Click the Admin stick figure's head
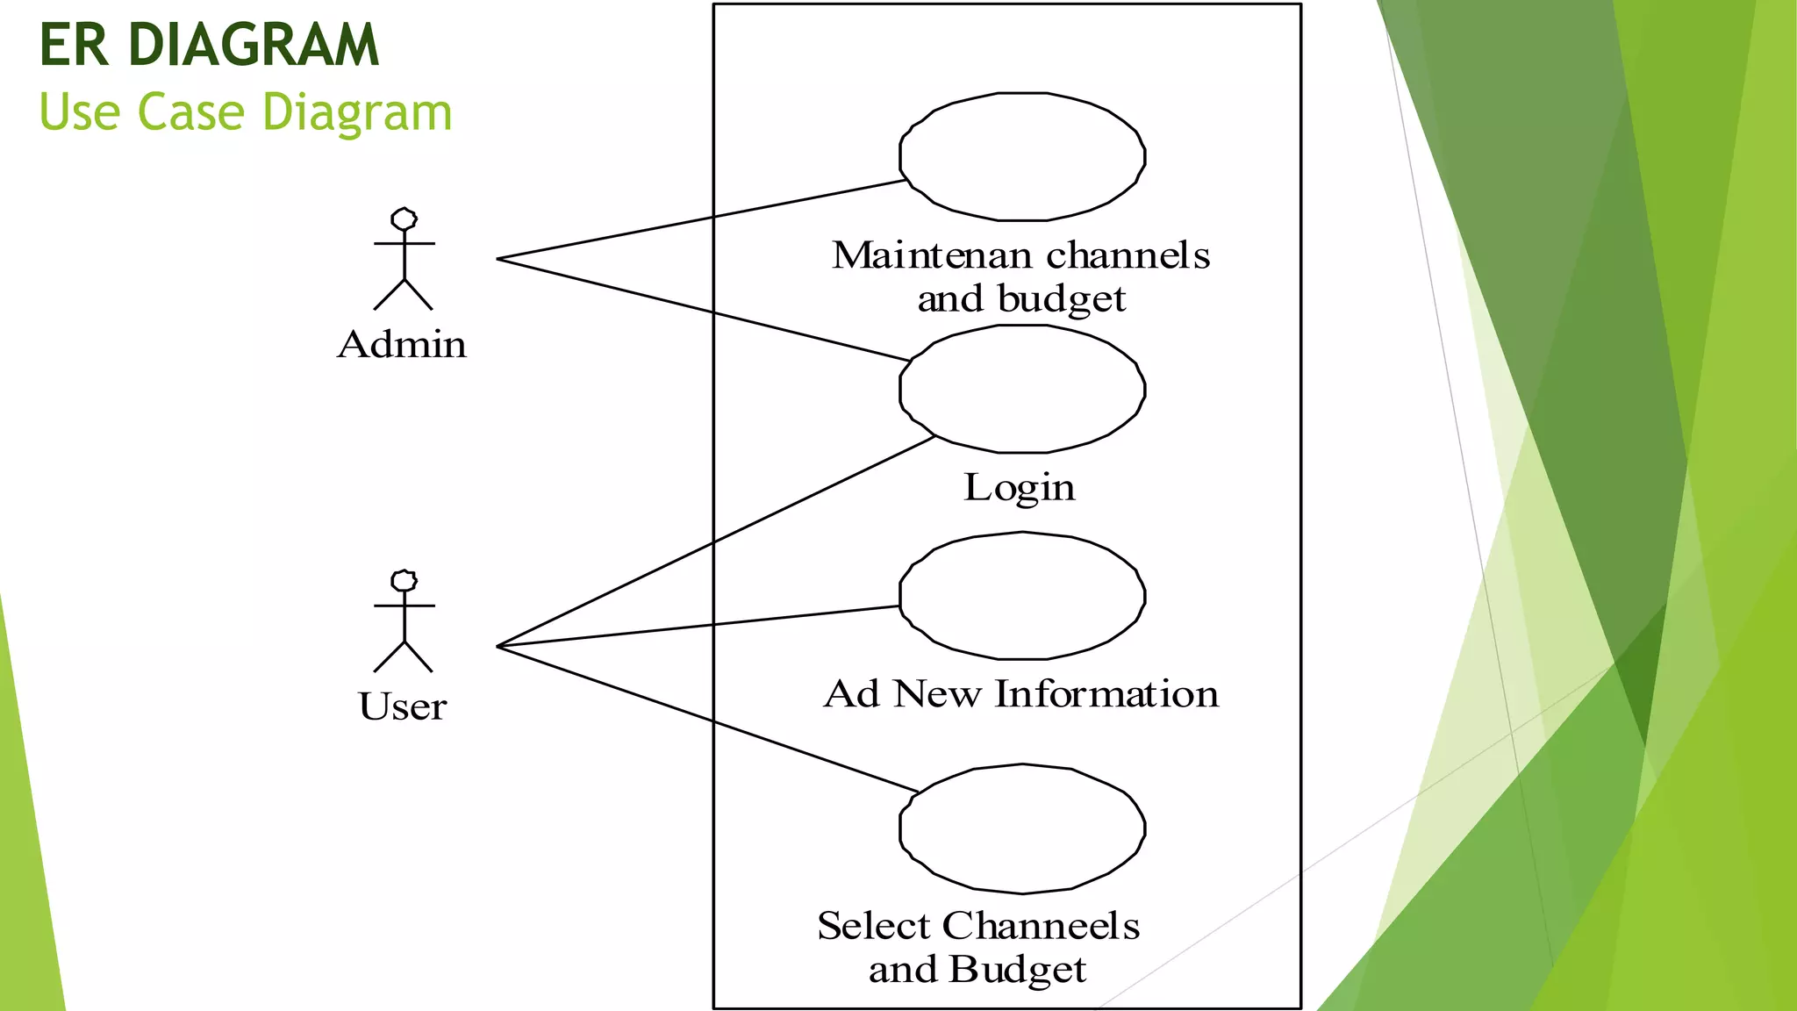404,219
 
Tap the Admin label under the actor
402,344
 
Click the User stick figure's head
404,581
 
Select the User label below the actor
403,706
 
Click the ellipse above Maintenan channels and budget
1022,156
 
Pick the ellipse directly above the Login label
1022,389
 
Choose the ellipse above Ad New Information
1022,595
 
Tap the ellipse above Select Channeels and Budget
1022,828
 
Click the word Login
1019,487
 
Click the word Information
1106,693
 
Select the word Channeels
1041,926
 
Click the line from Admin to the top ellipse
702,218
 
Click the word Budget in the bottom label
1018,970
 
